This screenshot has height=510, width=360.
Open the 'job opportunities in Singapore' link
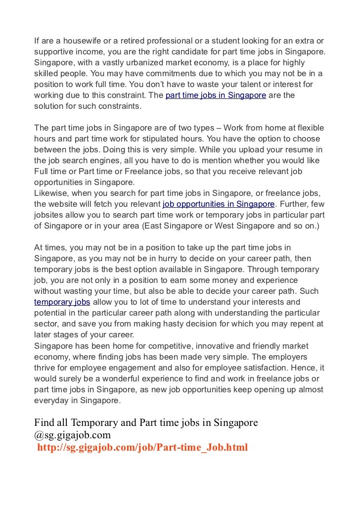click(x=218, y=204)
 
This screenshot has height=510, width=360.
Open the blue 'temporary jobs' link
click(x=62, y=302)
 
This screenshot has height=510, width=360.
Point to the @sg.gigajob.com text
click(x=73, y=435)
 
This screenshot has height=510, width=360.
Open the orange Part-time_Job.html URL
click(x=142, y=448)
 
